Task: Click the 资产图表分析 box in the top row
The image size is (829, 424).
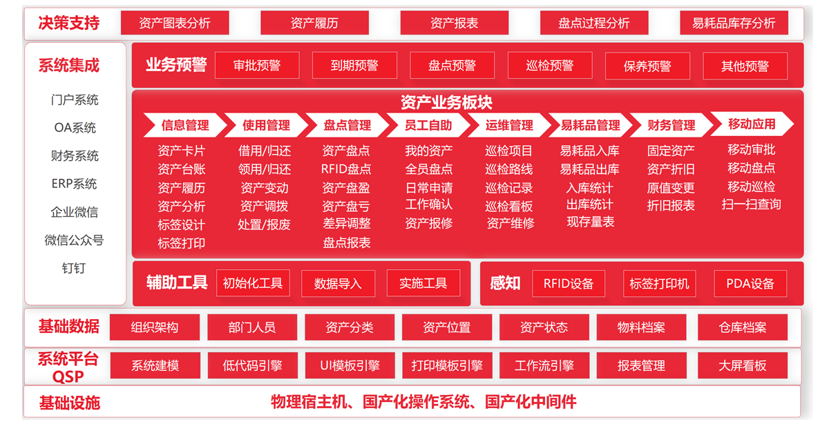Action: pos(175,23)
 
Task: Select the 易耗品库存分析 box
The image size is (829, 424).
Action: pos(734,23)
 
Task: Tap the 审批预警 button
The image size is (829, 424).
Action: pos(257,66)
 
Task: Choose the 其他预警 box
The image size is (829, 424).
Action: pos(745,66)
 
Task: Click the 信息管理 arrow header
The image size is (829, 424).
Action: pos(185,125)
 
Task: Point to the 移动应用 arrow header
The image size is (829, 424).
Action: pos(752,124)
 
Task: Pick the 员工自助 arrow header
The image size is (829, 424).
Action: pos(428,125)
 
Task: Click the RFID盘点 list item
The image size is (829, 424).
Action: pos(346,169)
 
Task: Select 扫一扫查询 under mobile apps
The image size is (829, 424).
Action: pos(752,204)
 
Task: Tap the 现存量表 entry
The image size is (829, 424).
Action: pos(590,222)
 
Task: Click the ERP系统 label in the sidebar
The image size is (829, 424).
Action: pos(74,184)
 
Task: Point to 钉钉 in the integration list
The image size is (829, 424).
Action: pos(74,268)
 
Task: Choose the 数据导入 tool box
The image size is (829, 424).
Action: pos(338,283)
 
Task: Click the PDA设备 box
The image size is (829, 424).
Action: pos(750,283)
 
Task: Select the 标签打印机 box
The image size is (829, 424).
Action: pos(660,283)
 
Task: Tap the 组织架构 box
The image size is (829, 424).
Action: pos(154,327)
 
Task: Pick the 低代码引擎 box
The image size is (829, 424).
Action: pos(252,365)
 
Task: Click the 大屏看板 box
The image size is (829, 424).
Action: pos(743,365)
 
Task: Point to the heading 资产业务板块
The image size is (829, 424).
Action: pos(446,102)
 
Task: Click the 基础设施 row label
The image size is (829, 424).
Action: pos(70,403)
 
